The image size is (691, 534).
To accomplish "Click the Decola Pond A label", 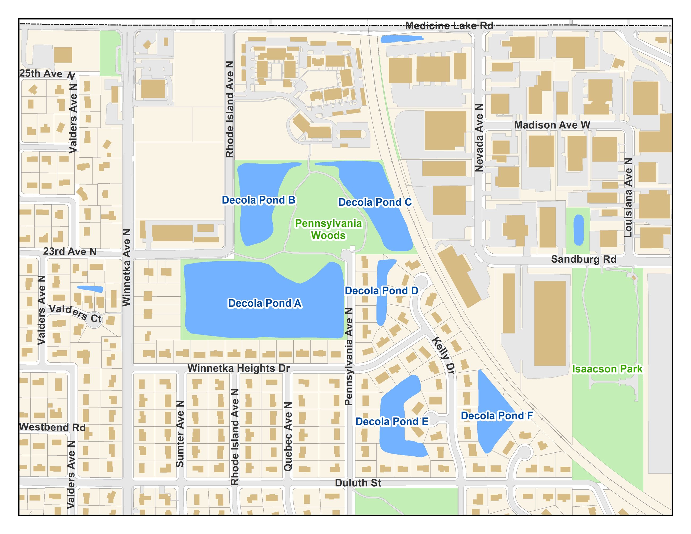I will pyautogui.click(x=264, y=303).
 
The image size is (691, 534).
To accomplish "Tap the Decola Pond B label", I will pyautogui.click(x=259, y=200).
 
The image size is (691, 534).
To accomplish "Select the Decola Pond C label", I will pyautogui.click(x=375, y=203).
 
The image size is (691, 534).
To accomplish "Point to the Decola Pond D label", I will pyautogui.click(x=381, y=291).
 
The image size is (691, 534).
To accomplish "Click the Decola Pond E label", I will pyautogui.click(x=392, y=422).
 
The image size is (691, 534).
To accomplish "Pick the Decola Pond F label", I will pyautogui.click(x=497, y=416).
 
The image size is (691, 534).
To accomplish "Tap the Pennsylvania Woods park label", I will pyautogui.click(x=328, y=229).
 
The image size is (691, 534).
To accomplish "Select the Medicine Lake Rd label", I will pyautogui.click(x=449, y=26).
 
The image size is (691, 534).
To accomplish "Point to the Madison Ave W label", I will pyautogui.click(x=552, y=125).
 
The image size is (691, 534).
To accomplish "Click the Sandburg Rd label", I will pyautogui.click(x=583, y=259).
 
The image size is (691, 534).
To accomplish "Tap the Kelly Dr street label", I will pyautogui.click(x=444, y=356).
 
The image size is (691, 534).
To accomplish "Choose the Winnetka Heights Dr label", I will pyautogui.click(x=239, y=368).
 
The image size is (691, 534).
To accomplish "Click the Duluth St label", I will pyautogui.click(x=358, y=483).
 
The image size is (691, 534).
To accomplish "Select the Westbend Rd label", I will pyautogui.click(x=52, y=427).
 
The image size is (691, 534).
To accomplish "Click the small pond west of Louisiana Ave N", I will pyautogui.click(x=578, y=230).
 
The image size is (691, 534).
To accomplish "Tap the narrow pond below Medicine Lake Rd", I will pyautogui.click(x=402, y=39).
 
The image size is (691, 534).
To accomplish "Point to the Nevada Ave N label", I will pyautogui.click(x=479, y=138).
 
